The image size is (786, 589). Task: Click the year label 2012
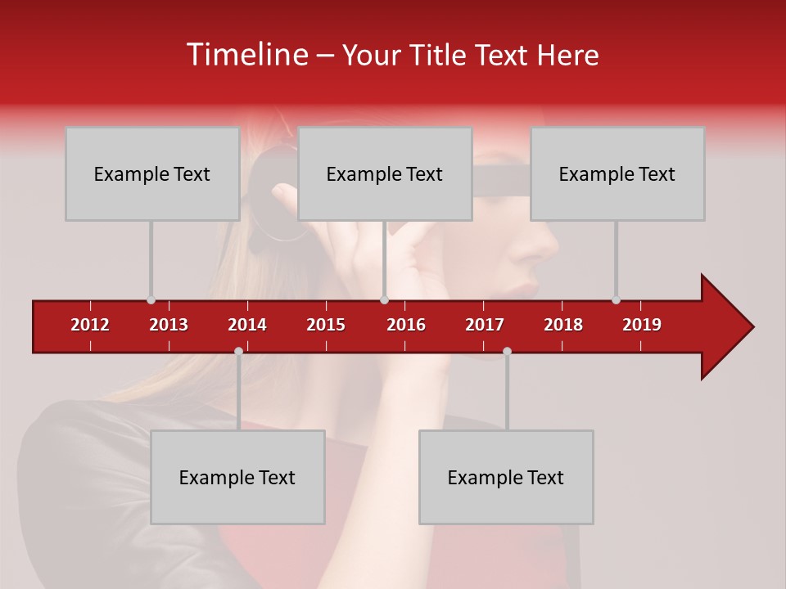coord(90,325)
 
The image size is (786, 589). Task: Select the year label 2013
coord(169,325)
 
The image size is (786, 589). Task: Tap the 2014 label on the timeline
coord(247,325)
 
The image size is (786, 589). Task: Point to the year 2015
coord(326,325)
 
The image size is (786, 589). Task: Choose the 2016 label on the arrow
coord(406,325)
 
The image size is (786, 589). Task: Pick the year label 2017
coord(485,325)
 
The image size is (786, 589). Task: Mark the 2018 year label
coord(563,325)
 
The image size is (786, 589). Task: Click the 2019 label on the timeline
coord(642,325)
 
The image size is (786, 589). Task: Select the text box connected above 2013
coord(152,173)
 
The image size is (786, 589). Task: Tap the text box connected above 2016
coord(385,173)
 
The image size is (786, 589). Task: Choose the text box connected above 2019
coord(617,173)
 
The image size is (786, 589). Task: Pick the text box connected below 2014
coord(237,477)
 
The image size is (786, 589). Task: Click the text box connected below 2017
coord(506,477)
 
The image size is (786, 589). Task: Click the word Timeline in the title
coord(246,55)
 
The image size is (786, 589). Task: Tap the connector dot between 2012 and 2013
coord(151,300)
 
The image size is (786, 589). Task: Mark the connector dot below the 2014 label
coord(238,351)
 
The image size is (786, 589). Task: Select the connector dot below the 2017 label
coord(507,351)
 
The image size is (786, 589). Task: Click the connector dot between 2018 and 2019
coord(616,300)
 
